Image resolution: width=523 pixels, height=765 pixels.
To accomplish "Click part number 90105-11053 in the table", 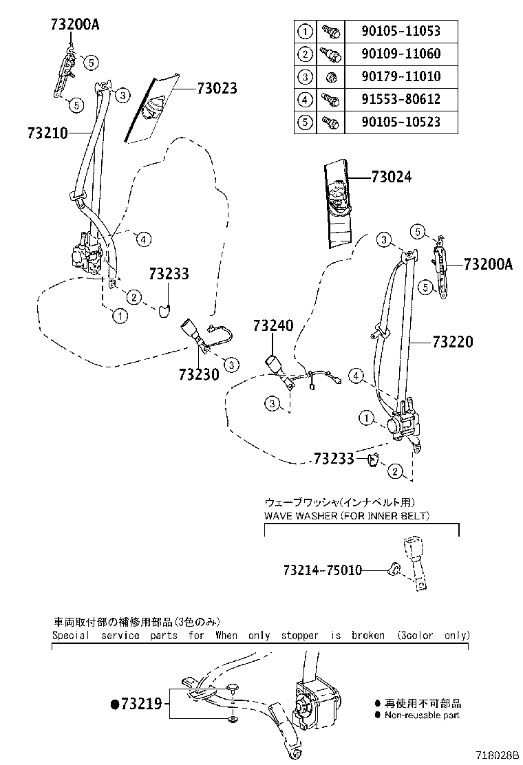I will (401, 31).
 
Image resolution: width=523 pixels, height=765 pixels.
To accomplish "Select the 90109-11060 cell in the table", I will (401, 54).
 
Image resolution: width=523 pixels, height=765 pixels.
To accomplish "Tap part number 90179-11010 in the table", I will (401, 76).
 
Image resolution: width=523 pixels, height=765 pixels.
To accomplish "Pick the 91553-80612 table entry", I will (401, 99).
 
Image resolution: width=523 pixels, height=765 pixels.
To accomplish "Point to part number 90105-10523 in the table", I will (401, 122).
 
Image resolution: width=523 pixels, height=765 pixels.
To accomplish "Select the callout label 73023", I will (217, 89).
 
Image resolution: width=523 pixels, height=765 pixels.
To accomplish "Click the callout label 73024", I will (391, 177).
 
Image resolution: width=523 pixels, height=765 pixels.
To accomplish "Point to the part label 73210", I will (48, 132).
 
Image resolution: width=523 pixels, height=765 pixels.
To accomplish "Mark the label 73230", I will (198, 374).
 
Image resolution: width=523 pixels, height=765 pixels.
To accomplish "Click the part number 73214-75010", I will (322, 570).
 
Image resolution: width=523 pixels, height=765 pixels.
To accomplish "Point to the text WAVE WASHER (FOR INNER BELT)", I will (347, 515).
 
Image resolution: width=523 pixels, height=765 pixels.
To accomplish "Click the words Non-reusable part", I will (422, 715).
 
